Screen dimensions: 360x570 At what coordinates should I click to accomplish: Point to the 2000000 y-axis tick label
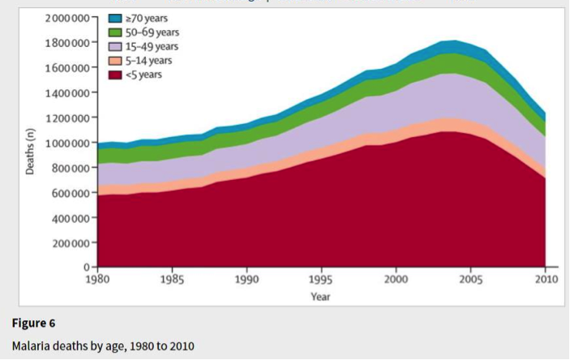click(67, 17)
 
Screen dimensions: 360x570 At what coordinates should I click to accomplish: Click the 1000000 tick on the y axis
click(67, 143)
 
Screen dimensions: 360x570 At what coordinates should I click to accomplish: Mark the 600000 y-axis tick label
click(71, 193)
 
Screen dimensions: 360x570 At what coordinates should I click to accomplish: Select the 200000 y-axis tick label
click(71, 243)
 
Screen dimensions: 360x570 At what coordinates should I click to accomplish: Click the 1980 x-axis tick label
click(97, 280)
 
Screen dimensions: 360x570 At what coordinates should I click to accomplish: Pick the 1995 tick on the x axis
click(320, 280)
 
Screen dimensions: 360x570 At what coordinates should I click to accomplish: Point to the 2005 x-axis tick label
click(469, 280)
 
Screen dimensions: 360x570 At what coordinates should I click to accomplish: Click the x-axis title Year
click(320, 297)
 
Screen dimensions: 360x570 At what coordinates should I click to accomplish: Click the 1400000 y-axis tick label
click(67, 92)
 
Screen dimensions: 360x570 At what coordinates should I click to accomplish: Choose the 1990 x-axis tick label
click(246, 280)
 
